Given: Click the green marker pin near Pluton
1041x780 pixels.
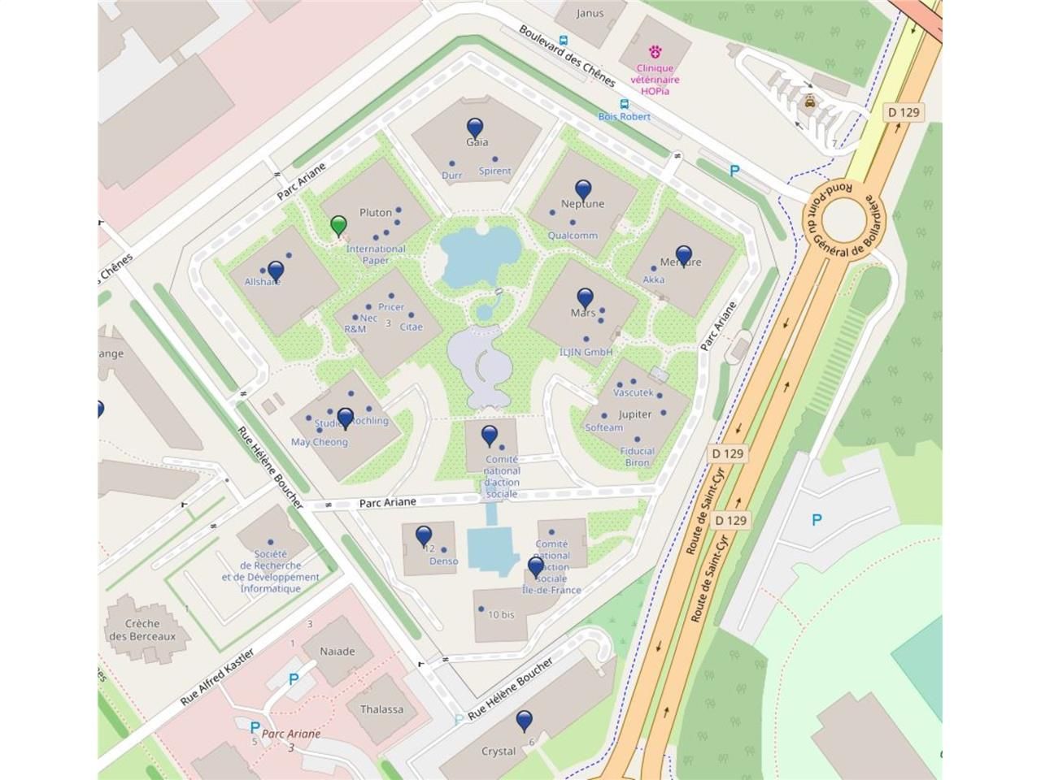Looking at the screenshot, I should pyautogui.click(x=339, y=225).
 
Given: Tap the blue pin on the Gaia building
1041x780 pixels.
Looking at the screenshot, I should pyautogui.click(x=475, y=128).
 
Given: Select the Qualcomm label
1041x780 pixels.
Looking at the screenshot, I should pyautogui.click(x=573, y=236).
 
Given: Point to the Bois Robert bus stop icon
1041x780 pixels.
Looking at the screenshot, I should pyautogui.click(x=624, y=104).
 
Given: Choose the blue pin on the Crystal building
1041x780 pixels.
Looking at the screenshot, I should pyautogui.click(x=525, y=720).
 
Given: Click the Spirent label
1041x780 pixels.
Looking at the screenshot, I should pyautogui.click(x=494, y=171).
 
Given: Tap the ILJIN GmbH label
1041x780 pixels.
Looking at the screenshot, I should pyautogui.click(x=586, y=352).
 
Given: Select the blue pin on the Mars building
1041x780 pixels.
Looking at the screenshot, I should pyautogui.click(x=586, y=299).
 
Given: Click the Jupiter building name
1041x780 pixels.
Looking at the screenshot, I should pyautogui.click(x=635, y=414).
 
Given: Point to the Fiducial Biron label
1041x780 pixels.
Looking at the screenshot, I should pyautogui.click(x=638, y=457).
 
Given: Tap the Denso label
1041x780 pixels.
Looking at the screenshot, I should pyautogui.click(x=443, y=561).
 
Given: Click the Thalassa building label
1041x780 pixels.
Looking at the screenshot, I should pyautogui.click(x=382, y=709).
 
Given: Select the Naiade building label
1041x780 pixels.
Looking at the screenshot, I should pyautogui.click(x=338, y=652).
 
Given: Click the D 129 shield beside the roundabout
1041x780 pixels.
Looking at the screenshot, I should pyautogui.click(x=905, y=111).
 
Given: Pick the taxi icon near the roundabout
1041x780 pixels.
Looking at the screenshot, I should pyautogui.click(x=809, y=102).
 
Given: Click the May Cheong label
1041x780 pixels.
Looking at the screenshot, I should pyautogui.click(x=320, y=442).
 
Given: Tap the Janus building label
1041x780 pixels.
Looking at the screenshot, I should pyautogui.click(x=590, y=13).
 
